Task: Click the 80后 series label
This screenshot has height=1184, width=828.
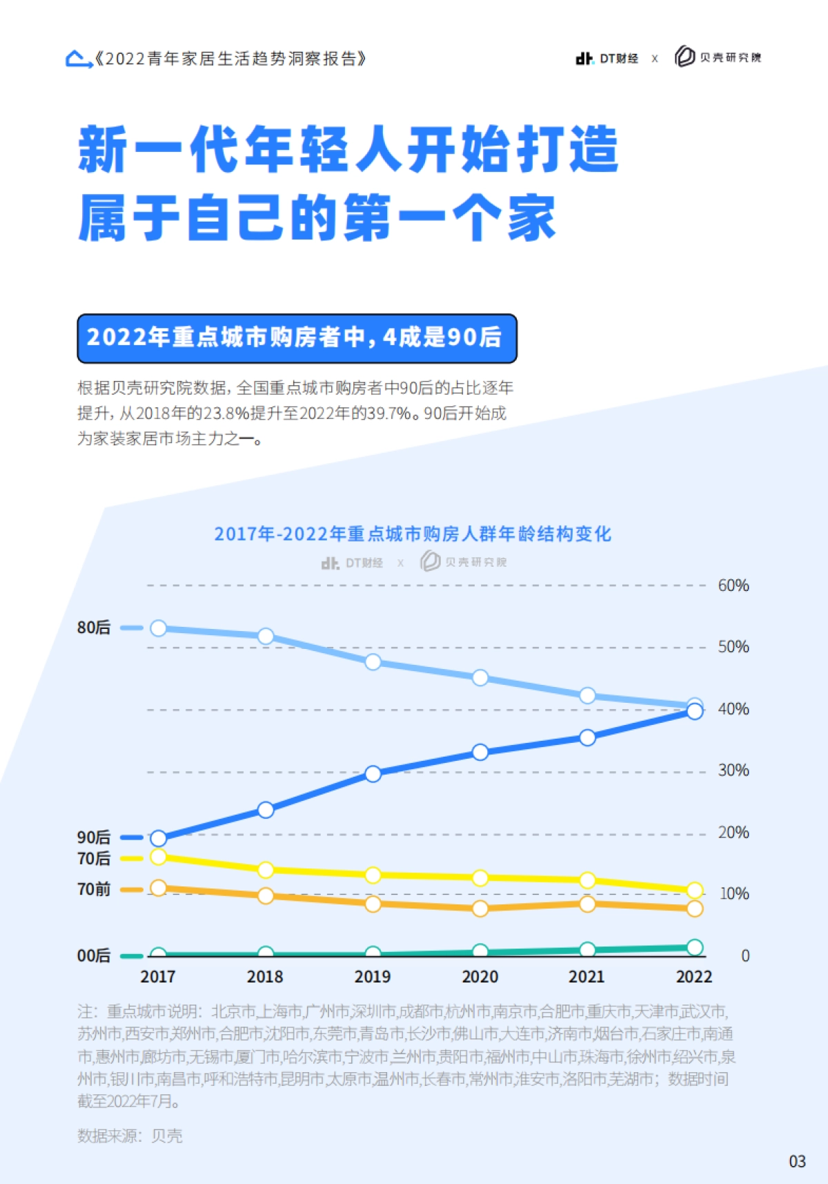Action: tap(94, 628)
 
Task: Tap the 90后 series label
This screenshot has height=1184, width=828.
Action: tap(94, 837)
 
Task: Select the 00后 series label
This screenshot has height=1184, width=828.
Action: tap(94, 955)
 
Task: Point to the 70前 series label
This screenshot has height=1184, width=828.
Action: tap(94, 889)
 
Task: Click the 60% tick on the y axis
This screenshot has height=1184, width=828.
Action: tap(733, 585)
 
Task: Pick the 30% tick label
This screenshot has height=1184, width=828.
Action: tap(733, 770)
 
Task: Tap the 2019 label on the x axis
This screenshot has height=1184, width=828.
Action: tap(372, 977)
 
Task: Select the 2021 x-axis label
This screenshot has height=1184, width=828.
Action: tap(586, 977)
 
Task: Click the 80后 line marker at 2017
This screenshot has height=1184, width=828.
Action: tap(158, 628)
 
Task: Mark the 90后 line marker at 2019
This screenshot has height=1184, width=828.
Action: tap(373, 774)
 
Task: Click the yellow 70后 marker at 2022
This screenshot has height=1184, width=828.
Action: tap(695, 891)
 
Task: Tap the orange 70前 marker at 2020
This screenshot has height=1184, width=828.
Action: tap(480, 909)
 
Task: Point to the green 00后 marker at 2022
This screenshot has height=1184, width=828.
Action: tap(695, 947)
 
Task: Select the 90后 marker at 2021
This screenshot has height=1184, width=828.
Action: tap(587, 738)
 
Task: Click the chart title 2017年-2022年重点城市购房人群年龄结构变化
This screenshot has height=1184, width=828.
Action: tap(413, 534)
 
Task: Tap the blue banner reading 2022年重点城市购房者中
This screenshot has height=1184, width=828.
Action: tap(297, 338)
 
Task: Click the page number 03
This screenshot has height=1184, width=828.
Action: tap(797, 1161)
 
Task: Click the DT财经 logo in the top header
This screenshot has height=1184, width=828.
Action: tap(607, 59)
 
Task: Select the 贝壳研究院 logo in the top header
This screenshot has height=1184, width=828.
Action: tap(718, 57)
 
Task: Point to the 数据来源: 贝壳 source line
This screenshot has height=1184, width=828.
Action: tap(130, 1136)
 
